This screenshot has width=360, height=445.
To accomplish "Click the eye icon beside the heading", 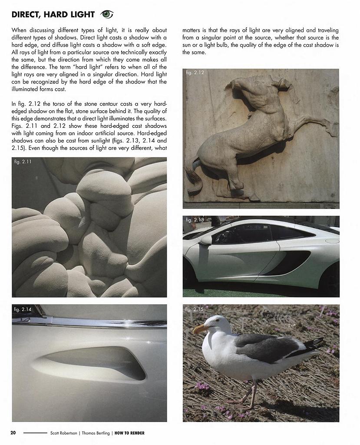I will coord(107,14).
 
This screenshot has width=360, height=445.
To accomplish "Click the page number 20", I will coord(13,433).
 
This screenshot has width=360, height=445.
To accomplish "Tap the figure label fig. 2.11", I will coord(23,162).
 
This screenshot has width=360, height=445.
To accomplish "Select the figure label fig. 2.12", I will coord(195,73).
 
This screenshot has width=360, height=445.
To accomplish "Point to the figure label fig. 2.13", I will coord(195,220).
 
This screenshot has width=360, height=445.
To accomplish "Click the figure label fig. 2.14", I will coord(23,309).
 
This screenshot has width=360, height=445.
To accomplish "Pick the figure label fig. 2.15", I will coord(194,309).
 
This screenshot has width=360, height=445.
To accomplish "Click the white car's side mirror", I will coord(205,240).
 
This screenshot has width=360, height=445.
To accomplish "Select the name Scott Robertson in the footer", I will coord(63,433).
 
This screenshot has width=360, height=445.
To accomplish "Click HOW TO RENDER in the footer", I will coord(129,433).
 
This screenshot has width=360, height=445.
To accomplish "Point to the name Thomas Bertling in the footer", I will coord(96,433).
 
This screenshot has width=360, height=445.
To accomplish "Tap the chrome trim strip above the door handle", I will coord(87,323).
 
